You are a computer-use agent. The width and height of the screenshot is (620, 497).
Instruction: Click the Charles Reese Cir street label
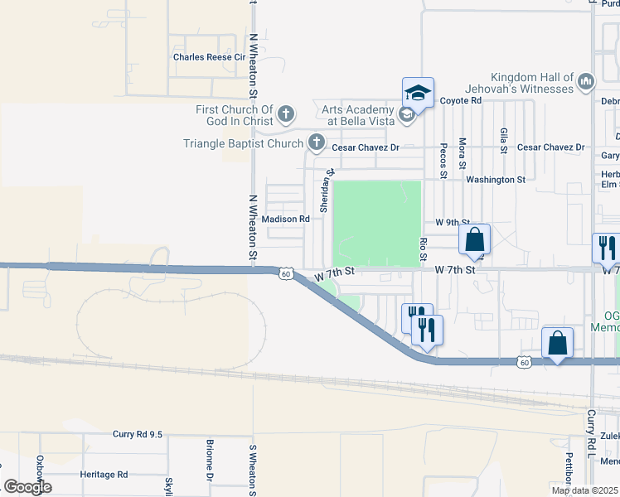tap(210, 57)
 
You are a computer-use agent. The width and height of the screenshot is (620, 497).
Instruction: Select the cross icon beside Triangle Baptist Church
tap(316, 143)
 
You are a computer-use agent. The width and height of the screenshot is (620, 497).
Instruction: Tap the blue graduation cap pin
tap(419, 93)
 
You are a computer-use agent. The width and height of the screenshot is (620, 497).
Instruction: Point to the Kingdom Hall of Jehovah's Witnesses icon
tap(586, 81)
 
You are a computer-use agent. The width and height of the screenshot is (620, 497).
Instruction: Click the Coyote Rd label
tap(460, 100)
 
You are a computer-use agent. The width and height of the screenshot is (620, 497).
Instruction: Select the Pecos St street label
tap(443, 160)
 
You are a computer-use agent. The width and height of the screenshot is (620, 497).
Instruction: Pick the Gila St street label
tap(504, 142)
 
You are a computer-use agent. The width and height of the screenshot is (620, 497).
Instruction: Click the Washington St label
tap(495, 179)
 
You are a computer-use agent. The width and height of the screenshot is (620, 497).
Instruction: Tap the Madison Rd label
tap(285, 219)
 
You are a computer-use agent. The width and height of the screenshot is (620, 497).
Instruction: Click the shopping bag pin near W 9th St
tap(474, 239)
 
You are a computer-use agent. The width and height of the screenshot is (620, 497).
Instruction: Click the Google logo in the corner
tap(27, 487)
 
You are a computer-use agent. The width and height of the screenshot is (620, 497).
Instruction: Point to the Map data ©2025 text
tap(584, 490)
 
